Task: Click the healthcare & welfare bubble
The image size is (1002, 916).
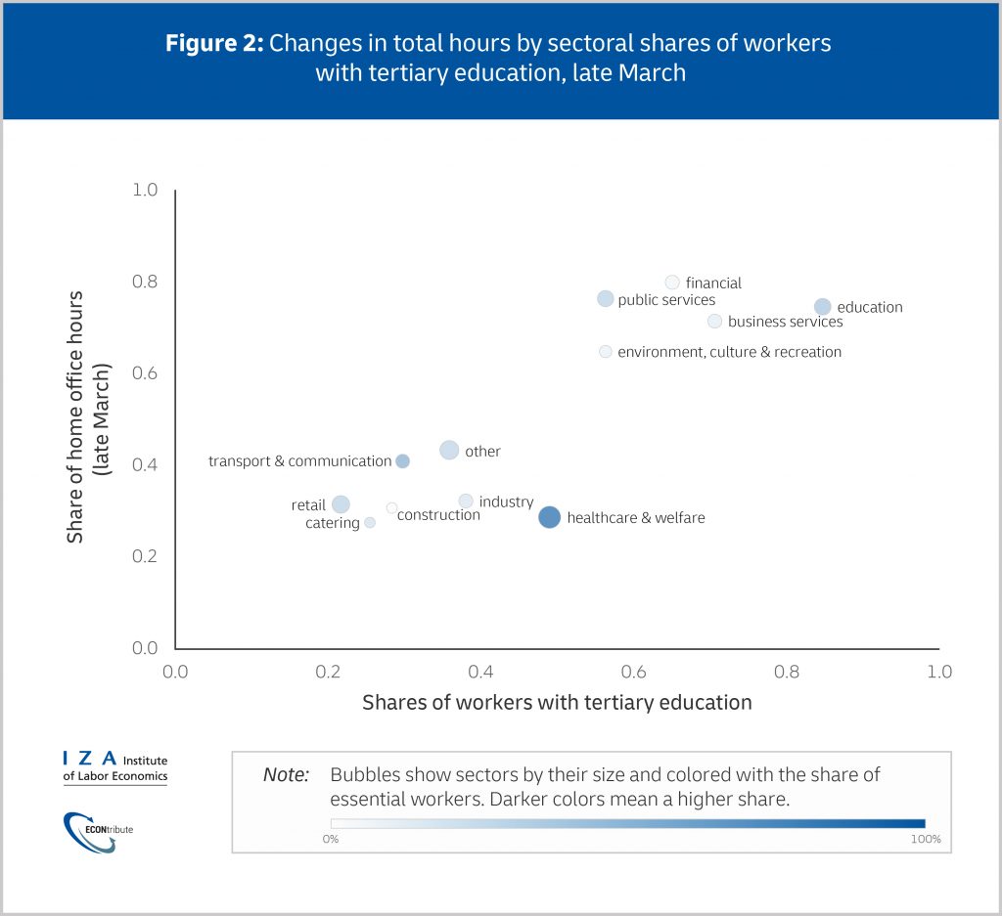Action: (549, 517)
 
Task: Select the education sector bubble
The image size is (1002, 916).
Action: (822, 307)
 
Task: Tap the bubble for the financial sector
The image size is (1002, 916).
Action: (672, 283)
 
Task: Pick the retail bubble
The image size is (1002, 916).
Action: (341, 504)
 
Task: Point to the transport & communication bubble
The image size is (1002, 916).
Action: (402, 460)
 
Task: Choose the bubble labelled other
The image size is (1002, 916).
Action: (449, 451)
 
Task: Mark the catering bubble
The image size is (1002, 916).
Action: (370, 523)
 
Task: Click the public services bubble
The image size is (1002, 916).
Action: (605, 298)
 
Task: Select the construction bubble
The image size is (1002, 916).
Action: (391, 507)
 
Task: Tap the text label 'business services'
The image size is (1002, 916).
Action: (785, 322)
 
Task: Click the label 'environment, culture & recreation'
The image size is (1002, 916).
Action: (729, 352)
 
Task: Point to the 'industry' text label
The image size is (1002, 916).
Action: (506, 502)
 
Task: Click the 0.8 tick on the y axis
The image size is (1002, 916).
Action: (145, 282)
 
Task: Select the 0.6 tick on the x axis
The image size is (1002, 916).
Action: (633, 672)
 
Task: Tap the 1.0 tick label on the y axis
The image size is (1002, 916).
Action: (145, 190)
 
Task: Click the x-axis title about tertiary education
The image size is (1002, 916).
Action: (557, 702)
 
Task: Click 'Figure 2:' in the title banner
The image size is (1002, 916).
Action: (214, 44)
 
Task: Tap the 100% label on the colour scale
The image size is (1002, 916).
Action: (925, 840)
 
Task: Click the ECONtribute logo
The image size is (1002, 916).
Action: (98, 830)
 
